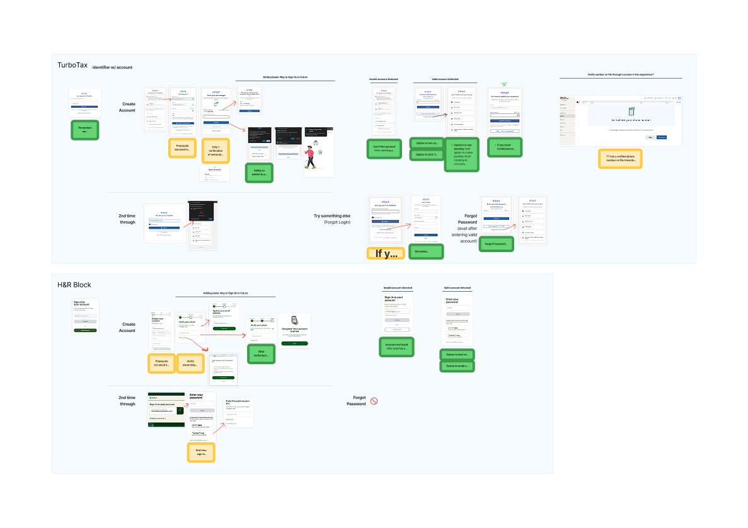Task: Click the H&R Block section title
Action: (x=74, y=285)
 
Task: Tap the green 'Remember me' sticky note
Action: (x=84, y=129)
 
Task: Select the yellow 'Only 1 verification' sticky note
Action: (x=216, y=150)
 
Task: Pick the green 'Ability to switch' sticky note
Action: (x=259, y=173)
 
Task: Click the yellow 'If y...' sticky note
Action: (x=385, y=254)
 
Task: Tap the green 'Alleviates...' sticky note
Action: (x=427, y=251)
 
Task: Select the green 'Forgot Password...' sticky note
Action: (x=496, y=244)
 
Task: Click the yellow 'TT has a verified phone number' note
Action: (x=620, y=159)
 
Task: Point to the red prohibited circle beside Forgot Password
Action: (x=374, y=401)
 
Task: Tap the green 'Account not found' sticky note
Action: (x=396, y=347)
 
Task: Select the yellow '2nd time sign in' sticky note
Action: (x=201, y=452)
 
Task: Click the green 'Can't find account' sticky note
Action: (x=384, y=148)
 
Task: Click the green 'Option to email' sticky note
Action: (x=456, y=365)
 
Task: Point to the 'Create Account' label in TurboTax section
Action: (x=127, y=107)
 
